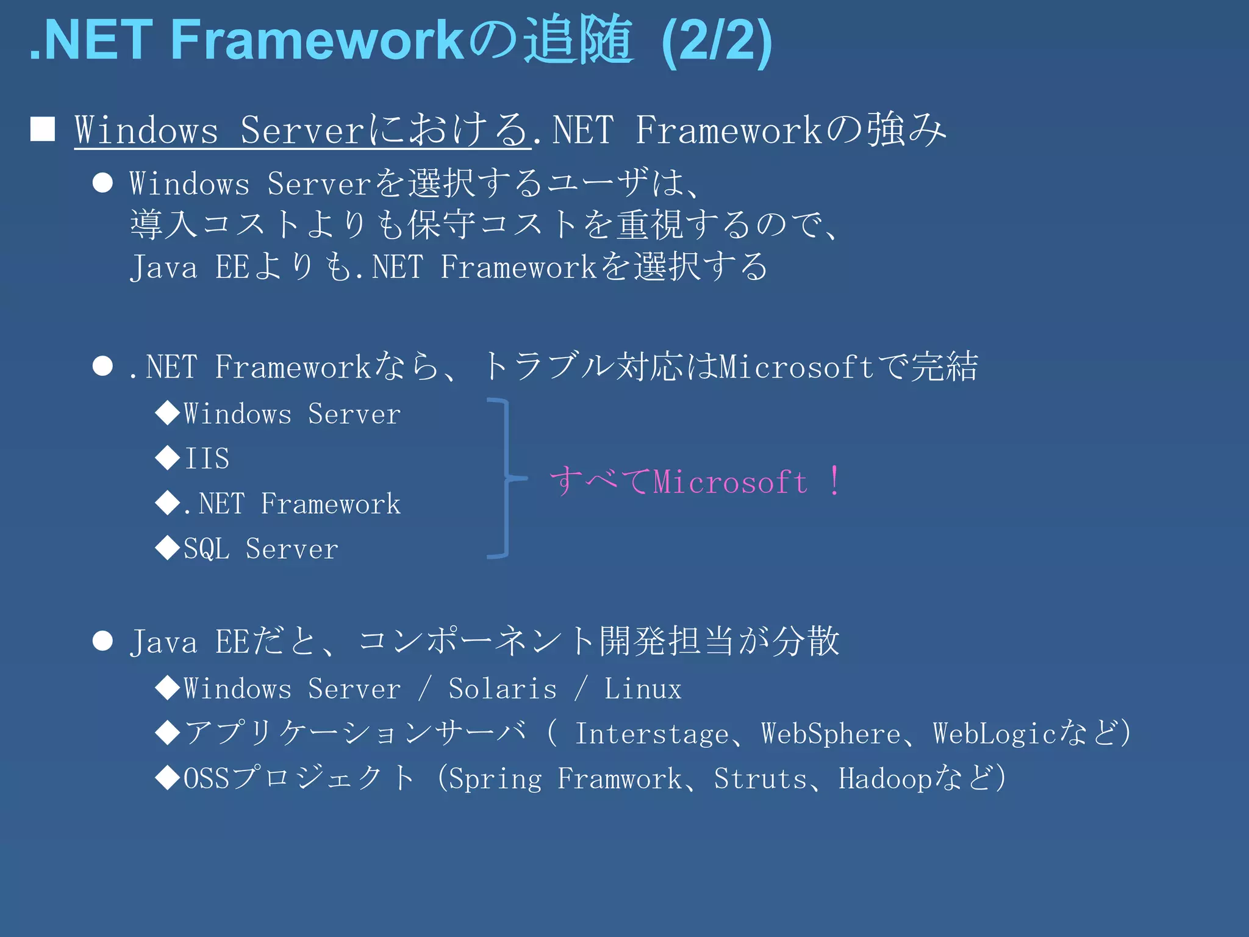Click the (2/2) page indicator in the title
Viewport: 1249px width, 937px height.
point(717,41)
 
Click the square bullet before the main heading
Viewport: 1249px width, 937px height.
point(43,129)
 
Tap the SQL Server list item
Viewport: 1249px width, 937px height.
point(260,548)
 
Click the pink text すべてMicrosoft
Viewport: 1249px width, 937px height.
point(678,481)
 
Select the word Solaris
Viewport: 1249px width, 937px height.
point(503,689)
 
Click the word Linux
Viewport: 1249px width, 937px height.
point(642,689)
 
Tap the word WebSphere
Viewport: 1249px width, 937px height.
point(831,733)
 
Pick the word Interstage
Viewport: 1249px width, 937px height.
point(651,733)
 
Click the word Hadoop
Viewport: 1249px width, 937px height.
point(884,778)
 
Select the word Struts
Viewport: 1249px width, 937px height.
point(760,778)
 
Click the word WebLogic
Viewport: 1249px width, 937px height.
point(994,733)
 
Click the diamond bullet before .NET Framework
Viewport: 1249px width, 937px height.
point(167,503)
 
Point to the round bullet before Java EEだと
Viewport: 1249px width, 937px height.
point(102,641)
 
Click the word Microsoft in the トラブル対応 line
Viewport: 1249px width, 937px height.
point(796,367)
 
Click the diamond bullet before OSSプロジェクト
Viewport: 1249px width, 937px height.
point(167,778)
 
